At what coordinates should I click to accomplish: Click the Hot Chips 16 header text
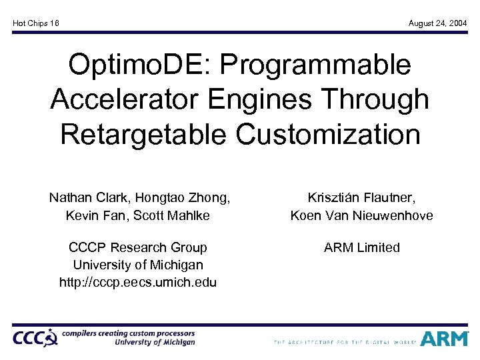36,23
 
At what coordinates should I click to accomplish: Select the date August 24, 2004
437,23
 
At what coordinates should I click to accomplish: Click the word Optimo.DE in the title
134,65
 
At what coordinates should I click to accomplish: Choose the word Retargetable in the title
144,134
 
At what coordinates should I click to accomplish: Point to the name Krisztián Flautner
361,197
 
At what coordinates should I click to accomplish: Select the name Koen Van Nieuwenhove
361,215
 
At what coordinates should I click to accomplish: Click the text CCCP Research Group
138,247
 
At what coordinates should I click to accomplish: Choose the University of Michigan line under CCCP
138,265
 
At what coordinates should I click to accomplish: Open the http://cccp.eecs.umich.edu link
138,282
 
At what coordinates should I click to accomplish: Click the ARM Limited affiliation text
361,247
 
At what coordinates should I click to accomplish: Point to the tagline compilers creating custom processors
128,333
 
